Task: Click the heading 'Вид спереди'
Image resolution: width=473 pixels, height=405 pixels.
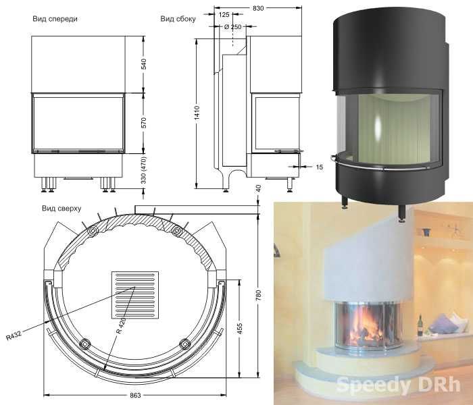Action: coord(55,20)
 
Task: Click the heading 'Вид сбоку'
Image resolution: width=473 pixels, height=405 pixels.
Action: coord(178,20)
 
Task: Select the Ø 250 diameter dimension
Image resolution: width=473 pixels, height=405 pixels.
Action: coord(232,26)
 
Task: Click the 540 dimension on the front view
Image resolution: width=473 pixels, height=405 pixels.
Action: coord(144,65)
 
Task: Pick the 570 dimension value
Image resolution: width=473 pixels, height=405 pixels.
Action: coord(144,124)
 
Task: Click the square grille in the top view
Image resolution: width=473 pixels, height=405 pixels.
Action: coord(135,296)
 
